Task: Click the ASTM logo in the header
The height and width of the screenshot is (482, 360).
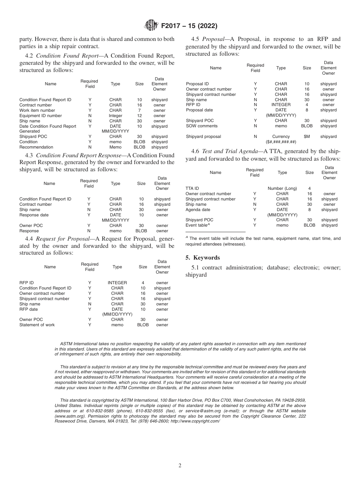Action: click(x=152, y=26)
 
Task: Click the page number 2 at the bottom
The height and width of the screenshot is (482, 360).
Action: click(x=180, y=466)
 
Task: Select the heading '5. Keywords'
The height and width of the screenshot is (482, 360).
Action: click(x=202, y=258)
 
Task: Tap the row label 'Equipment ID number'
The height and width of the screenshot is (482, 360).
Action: click(x=41, y=116)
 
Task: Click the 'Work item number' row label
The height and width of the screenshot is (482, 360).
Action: click(x=37, y=110)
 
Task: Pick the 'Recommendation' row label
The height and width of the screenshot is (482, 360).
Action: click(x=36, y=147)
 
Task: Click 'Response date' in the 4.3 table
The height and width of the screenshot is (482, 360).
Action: click(x=34, y=215)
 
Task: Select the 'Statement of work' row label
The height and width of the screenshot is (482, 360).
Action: click(x=37, y=325)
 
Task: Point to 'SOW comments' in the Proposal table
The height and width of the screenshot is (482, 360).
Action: click(x=202, y=126)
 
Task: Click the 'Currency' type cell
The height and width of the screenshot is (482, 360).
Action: click(x=281, y=136)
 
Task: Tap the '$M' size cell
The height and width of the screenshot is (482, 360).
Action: click(x=307, y=136)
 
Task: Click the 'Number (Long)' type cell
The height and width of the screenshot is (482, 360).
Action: click(x=282, y=188)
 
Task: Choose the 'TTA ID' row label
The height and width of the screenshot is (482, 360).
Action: click(x=192, y=188)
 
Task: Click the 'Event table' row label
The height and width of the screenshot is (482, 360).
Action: click(x=197, y=225)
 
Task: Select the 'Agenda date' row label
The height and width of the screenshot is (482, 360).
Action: click(x=198, y=210)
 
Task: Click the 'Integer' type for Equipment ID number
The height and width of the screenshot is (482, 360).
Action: click(x=116, y=116)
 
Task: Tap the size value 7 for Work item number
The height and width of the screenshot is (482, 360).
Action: click(x=139, y=110)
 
